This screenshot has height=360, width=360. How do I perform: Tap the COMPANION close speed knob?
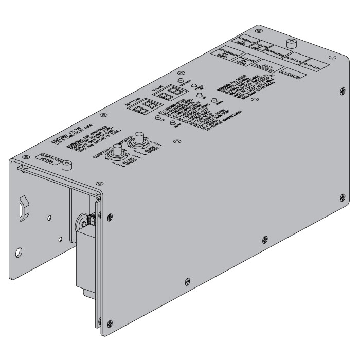(x=118, y=151)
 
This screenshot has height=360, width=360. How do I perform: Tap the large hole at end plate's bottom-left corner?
(x=19, y=253)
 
